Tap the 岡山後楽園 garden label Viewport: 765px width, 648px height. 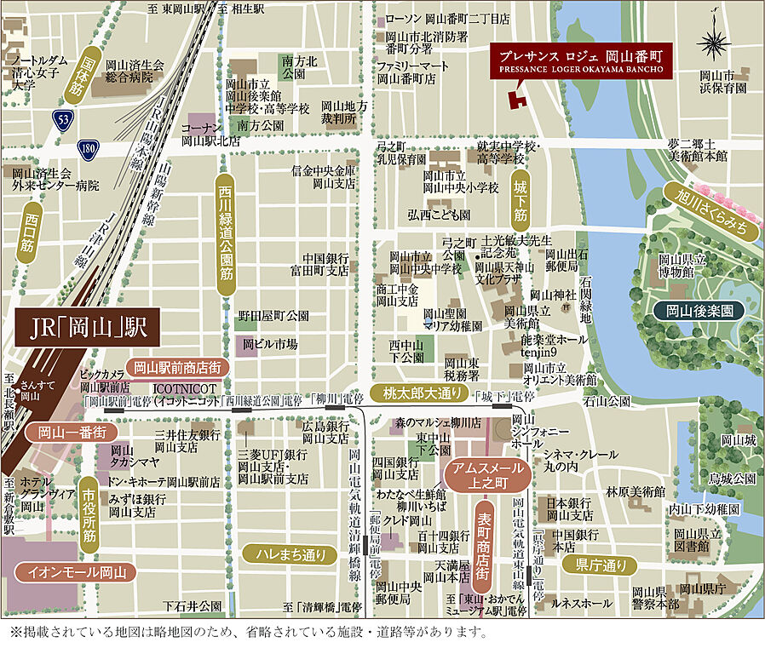699,312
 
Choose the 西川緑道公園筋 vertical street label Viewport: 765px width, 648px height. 225,235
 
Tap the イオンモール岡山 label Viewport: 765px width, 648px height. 76,572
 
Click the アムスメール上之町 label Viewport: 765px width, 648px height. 487,475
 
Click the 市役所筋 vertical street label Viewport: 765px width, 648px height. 89,513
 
